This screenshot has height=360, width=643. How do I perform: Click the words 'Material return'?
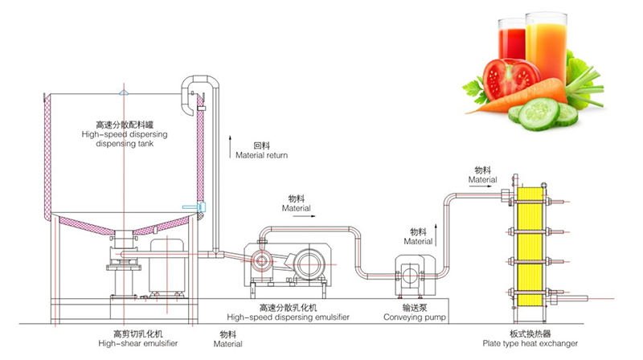[261, 155]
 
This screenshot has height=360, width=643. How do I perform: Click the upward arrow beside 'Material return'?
[230, 145]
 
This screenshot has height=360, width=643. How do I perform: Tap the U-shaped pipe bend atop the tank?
[196, 84]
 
